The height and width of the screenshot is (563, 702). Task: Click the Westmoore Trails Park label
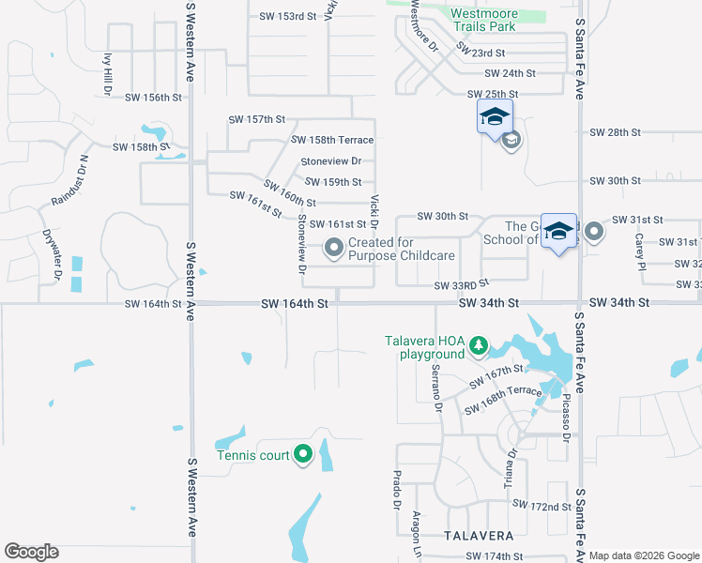[x=483, y=20]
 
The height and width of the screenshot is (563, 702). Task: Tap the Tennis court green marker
[x=302, y=455]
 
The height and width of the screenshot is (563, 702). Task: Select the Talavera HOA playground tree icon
[x=479, y=346]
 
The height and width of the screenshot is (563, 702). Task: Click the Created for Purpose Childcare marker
[x=333, y=248]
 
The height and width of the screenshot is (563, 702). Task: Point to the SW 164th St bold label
[x=295, y=303]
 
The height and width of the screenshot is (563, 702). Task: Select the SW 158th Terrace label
[x=332, y=140]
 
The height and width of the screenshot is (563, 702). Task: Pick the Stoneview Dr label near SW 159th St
[x=331, y=161]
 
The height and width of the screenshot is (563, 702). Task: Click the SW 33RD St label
[x=462, y=284]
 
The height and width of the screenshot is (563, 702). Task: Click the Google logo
[x=31, y=552]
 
